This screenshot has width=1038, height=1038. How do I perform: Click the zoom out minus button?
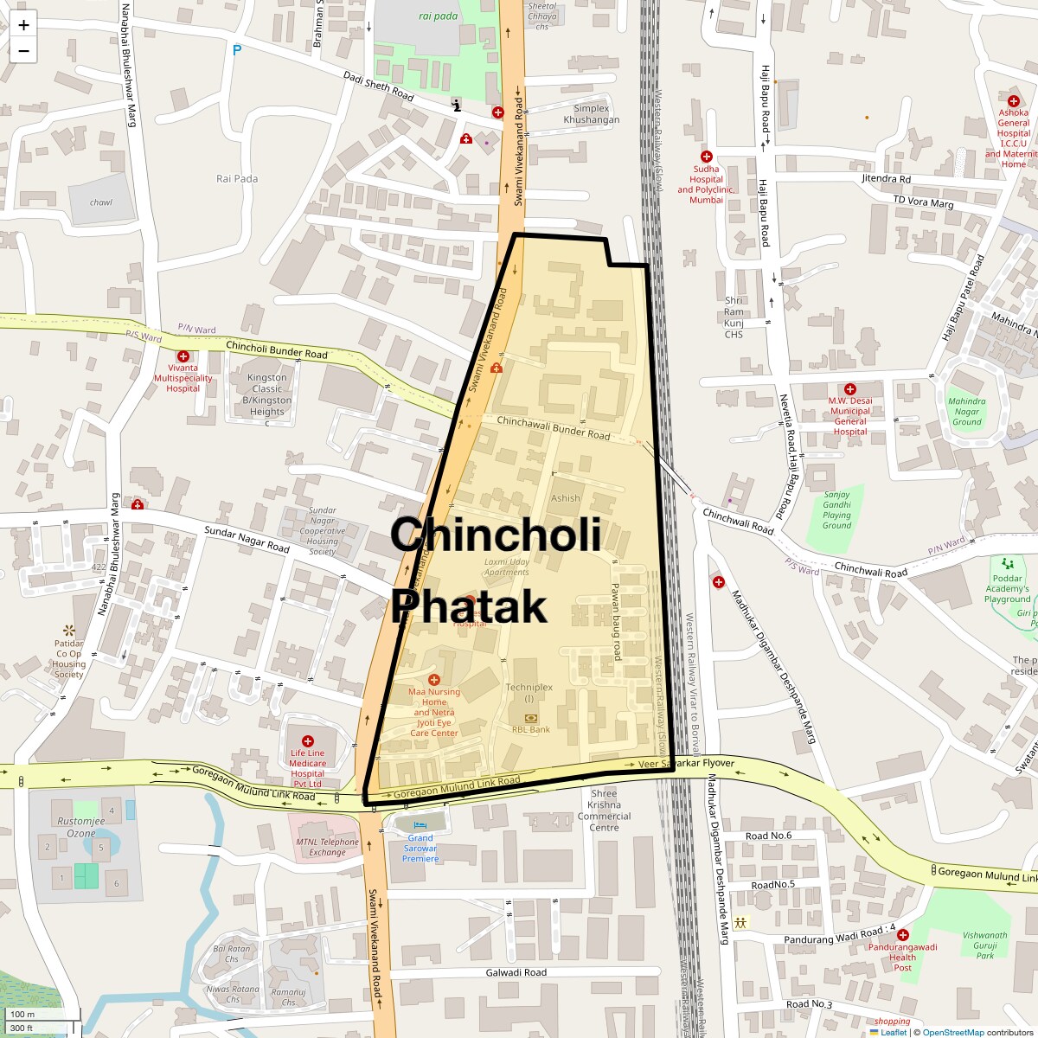(x=23, y=51)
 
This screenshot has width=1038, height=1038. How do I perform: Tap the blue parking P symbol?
(x=237, y=51)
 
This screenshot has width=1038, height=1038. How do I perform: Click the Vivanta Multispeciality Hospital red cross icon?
(x=183, y=356)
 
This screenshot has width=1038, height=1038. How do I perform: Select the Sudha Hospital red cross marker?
(x=707, y=157)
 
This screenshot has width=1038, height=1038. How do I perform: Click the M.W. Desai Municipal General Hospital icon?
(x=849, y=389)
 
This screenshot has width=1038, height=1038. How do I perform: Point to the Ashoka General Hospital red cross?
(x=1013, y=101)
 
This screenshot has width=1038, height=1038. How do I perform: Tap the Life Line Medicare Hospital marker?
(x=307, y=741)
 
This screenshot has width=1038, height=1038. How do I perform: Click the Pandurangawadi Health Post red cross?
(x=902, y=935)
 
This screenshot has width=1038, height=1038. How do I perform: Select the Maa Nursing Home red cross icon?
(x=434, y=680)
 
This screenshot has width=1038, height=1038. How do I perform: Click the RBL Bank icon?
(x=530, y=718)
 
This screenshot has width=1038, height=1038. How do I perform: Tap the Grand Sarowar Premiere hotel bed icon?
(x=420, y=825)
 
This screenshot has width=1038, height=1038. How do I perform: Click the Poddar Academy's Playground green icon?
(x=1007, y=563)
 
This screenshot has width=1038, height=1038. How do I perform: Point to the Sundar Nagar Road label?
(x=247, y=540)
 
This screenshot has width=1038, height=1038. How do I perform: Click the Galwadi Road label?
(x=516, y=972)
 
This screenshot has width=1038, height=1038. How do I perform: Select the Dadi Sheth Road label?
(x=379, y=86)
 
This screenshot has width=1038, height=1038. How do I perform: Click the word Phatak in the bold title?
(x=469, y=606)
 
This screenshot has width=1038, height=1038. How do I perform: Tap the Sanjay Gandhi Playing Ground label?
(x=836, y=510)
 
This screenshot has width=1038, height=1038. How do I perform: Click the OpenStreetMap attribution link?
(x=952, y=1032)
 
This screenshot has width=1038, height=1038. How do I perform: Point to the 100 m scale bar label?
(x=22, y=1014)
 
